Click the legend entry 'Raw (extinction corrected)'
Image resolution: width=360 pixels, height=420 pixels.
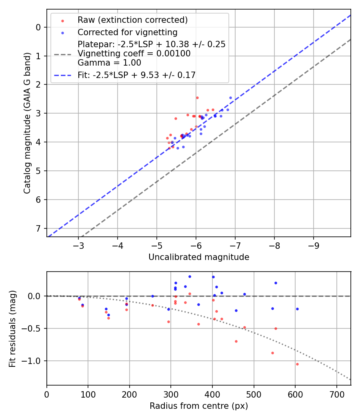coord(132,20)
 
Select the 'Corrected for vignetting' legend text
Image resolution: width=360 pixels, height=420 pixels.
coord(128,32)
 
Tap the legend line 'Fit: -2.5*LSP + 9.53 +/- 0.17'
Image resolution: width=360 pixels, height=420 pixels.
coord(136,75)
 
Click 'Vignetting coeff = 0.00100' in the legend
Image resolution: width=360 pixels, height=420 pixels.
coord(134,54)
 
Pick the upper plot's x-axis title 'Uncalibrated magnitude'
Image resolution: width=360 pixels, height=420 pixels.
coord(199,257)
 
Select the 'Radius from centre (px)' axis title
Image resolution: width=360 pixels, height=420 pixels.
coord(199,406)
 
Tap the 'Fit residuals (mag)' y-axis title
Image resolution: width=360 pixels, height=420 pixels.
coord(12,328)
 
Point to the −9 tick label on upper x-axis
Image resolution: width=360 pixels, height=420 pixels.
coord(313,244)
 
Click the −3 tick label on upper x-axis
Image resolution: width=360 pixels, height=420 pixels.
coord(78,244)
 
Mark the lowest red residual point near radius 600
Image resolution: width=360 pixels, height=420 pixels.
coord(297,364)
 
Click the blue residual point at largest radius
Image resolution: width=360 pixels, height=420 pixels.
coord(297,309)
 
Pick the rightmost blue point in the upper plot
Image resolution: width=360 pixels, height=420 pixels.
coord(230,98)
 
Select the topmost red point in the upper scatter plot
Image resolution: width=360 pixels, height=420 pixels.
coord(197,98)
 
